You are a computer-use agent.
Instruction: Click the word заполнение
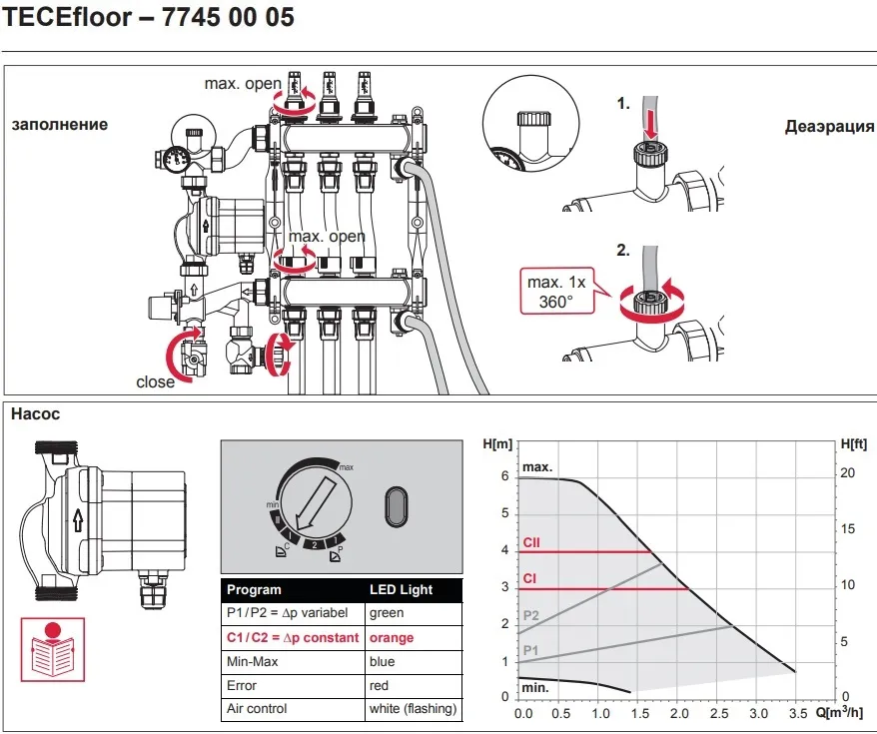pyautogui.click(x=60, y=125)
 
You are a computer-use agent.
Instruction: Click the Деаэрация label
pyautogui.click(x=829, y=127)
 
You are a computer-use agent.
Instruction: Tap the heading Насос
pyautogui.click(x=35, y=411)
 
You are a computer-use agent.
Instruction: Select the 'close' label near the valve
pyautogui.click(x=156, y=381)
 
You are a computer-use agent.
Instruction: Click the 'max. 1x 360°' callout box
pyautogui.click(x=558, y=291)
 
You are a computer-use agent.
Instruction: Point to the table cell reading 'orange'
pyautogui.click(x=392, y=637)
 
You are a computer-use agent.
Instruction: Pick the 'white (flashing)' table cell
pyautogui.click(x=413, y=709)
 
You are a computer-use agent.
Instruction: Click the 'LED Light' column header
pyautogui.click(x=402, y=589)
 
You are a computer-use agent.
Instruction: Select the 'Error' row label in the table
pyautogui.click(x=242, y=686)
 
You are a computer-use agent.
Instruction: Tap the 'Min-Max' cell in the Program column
pyautogui.click(x=249, y=662)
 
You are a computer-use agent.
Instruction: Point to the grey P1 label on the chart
pyautogui.click(x=530, y=650)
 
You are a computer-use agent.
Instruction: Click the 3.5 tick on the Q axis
pyautogui.click(x=796, y=714)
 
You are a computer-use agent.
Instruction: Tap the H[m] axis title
pyautogui.click(x=497, y=442)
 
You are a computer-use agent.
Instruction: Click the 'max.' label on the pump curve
pyautogui.click(x=536, y=467)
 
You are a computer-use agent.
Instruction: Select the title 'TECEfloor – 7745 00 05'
pyautogui.click(x=150, y=18)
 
